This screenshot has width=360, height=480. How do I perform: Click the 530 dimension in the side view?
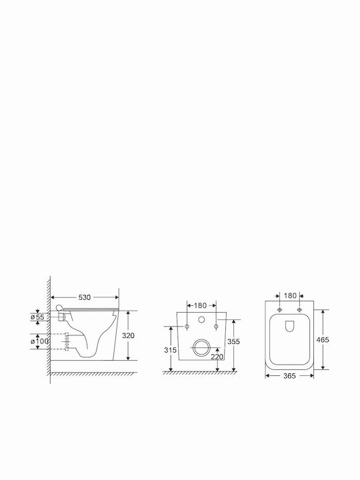click(x=85, y=297)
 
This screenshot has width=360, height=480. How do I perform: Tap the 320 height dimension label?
click(x=128, y=335)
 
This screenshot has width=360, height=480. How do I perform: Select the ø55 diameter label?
click(x=37, y=317)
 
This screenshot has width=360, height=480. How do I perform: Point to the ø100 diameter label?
click(x=39, y=341)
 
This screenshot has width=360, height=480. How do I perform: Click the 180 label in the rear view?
click(x=200, y=305)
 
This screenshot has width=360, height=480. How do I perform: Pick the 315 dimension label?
click(x=170, y=350)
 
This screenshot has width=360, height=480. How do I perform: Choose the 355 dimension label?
click(x=233, y=341)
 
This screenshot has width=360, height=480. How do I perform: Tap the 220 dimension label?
click(x=217, y=357)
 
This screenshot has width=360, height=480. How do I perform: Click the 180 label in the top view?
click(x=290, y=296)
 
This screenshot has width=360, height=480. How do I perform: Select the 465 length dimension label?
click(x=323, y=340)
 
